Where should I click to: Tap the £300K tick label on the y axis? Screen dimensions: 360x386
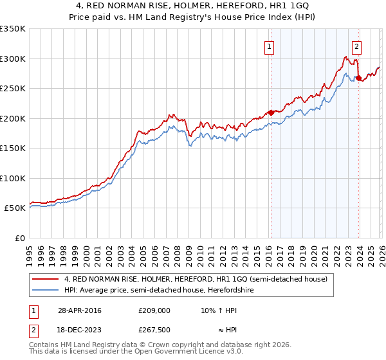point(13,59)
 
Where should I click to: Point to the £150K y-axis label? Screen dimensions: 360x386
point(13,148)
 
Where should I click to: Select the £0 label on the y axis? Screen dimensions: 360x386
point(19,238)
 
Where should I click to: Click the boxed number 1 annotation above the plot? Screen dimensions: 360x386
point(269,46)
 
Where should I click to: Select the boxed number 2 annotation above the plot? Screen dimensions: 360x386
point(356,46)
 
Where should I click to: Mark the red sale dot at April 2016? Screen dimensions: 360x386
point(271,113)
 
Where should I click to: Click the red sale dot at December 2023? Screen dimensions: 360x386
point(358,78)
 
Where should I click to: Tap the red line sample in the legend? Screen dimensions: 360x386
point(46,279)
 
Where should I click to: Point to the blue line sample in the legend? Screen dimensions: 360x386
point(46,290)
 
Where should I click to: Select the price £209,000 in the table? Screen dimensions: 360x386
point(154,310)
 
